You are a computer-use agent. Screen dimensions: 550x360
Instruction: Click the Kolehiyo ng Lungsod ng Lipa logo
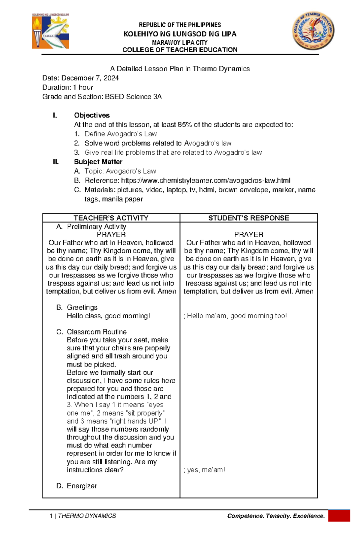[51, 31]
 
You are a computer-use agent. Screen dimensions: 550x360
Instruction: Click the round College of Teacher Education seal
[313, 31]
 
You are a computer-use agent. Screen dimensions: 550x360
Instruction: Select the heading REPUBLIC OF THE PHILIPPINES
[180, 25]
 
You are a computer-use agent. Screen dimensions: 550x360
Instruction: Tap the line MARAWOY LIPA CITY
[180, 43]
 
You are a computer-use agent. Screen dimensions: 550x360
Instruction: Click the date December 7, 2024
[90, 78]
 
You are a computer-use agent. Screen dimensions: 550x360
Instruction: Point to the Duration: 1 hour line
[67, 88]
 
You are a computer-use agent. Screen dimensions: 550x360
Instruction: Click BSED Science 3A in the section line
[133, 97]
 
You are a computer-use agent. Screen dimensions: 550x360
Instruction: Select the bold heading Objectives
[92, 115]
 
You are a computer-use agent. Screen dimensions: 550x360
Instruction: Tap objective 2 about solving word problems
[158, 143]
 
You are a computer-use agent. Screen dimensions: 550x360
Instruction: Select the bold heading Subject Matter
[98, 162]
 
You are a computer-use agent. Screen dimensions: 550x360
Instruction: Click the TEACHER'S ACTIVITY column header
[111, 218]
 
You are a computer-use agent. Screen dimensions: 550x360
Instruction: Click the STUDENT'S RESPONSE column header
[249, 218]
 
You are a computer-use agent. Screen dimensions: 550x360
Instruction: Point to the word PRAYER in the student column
[249, 234]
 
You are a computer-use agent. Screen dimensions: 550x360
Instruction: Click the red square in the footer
[339, 516]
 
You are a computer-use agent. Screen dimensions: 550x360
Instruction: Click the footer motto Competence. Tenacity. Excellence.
[276, 516]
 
